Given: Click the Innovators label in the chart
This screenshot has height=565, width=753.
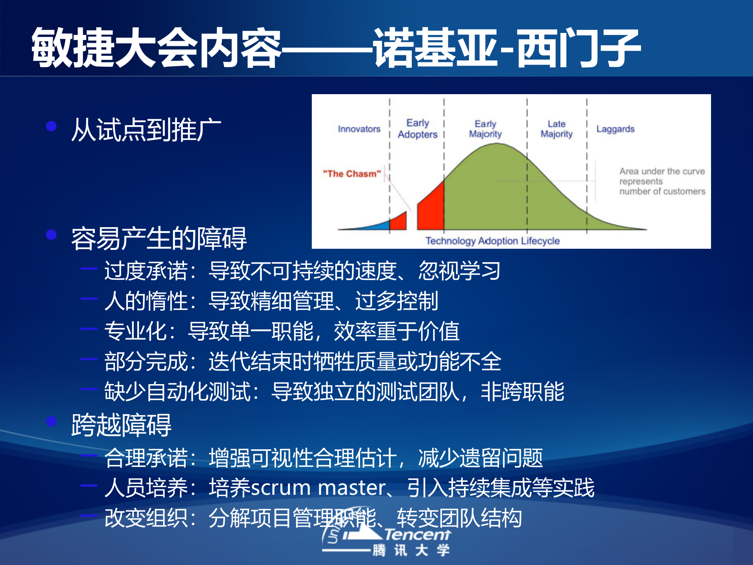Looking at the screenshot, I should [359, 129].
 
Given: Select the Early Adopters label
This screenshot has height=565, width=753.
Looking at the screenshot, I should [417, 129].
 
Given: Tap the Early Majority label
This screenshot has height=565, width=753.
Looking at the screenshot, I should [485, 129].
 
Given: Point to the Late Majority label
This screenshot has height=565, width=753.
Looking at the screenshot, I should [557, 129].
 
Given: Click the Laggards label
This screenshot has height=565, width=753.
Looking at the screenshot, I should [615, 129].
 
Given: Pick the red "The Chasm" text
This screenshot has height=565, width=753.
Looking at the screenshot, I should [352, 174].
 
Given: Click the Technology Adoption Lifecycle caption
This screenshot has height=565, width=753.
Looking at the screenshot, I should [493, 241].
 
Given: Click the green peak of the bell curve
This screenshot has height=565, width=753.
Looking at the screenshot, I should [497, 157].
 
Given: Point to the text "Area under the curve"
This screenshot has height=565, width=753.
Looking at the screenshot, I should [662, 171].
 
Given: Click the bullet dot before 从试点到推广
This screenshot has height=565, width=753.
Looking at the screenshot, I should [51, 126].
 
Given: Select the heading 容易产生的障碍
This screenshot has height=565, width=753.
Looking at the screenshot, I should [159, 238].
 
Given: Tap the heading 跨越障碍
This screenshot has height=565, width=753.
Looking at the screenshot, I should [121, 425].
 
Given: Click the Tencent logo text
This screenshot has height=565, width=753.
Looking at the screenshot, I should [417, 534].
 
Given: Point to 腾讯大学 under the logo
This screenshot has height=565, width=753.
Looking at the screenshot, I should [411, 550].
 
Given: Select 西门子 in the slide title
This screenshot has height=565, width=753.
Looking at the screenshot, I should [578, 48].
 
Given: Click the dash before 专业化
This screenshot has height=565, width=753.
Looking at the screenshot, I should [89, 329].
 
